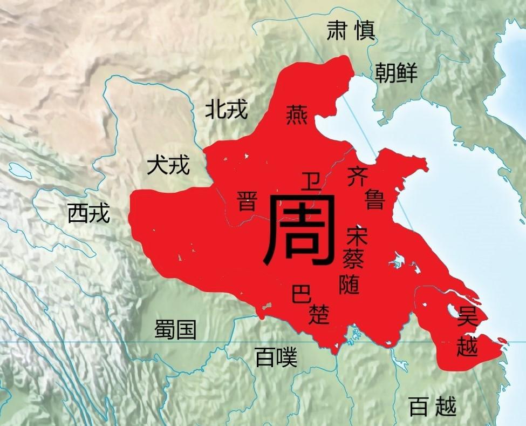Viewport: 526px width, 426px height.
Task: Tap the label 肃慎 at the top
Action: point(350,32)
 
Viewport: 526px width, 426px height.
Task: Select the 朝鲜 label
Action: point(397,72)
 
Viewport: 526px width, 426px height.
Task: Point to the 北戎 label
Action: point(226,110)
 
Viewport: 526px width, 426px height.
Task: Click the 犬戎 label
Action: point(168,166)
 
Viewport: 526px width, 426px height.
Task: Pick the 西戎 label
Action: point(88,214)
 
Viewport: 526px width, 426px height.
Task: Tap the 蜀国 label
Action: point(175,329)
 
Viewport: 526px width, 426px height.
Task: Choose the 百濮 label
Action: point(276,357)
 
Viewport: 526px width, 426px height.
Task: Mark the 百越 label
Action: point(432,406)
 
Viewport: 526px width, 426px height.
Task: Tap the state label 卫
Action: point(311,181)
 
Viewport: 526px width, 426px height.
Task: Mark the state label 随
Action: point(349,283)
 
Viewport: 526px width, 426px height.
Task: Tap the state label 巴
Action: point(300,295)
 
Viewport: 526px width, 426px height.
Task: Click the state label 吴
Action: point(467,317)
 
